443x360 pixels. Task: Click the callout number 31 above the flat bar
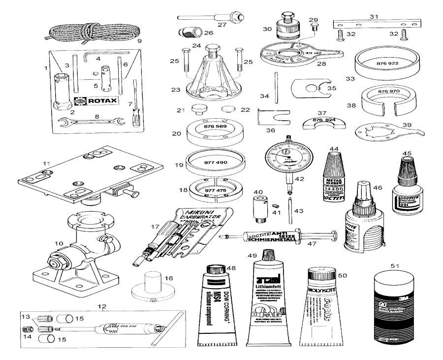click(374, 16)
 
